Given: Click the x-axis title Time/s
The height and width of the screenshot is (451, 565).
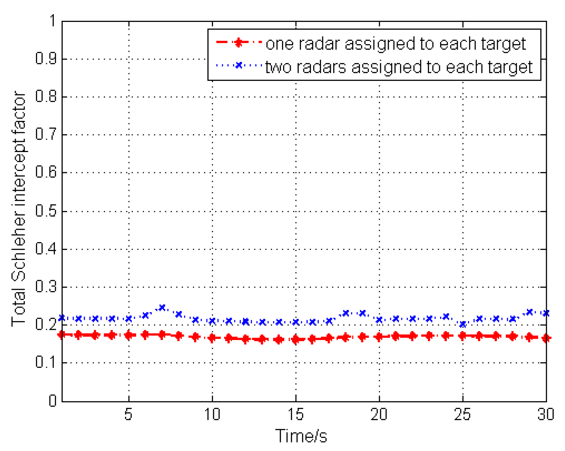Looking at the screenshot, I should pyautogui.click(x=301, y=436).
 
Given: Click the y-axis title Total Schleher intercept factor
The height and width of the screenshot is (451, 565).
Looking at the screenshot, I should pyautogui.click(x=19, y=209).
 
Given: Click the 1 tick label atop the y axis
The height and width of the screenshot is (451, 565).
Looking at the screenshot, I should pyautogui.click(x=52, y=21).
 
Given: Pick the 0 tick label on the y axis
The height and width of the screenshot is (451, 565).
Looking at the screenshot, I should pyautogui.click(x=52, y=401).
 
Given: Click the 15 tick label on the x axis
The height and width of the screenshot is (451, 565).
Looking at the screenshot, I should pyautogui.click(x=296, y=414).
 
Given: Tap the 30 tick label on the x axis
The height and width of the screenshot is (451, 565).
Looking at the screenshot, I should pyautogui.click(x=545, y=414).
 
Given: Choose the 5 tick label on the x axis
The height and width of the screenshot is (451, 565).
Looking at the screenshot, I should pyautogui.click(x=128, y=414).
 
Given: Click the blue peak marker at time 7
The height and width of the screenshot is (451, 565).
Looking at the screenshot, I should pyautogui.click(x=162, y=308).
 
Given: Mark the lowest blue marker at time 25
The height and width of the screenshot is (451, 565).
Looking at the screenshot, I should pyautogui.click(x=463, y=324).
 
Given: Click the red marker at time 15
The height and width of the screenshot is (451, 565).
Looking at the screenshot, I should pyautogui.click(x=296, y=340).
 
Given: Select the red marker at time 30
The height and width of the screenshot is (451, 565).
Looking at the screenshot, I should pyautogui.click(x=546, y=338).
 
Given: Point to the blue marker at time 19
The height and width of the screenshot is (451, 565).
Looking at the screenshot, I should pyautogui.click(x=362, y=313).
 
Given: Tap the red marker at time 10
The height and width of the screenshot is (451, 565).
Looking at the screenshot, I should pyautogui.click(x=212, y=338).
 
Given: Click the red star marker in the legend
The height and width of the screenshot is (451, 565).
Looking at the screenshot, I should pyautogui.click(x=239, y=43).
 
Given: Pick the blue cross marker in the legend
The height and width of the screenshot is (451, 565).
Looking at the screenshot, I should pyautogui.click(x=239, y=65).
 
